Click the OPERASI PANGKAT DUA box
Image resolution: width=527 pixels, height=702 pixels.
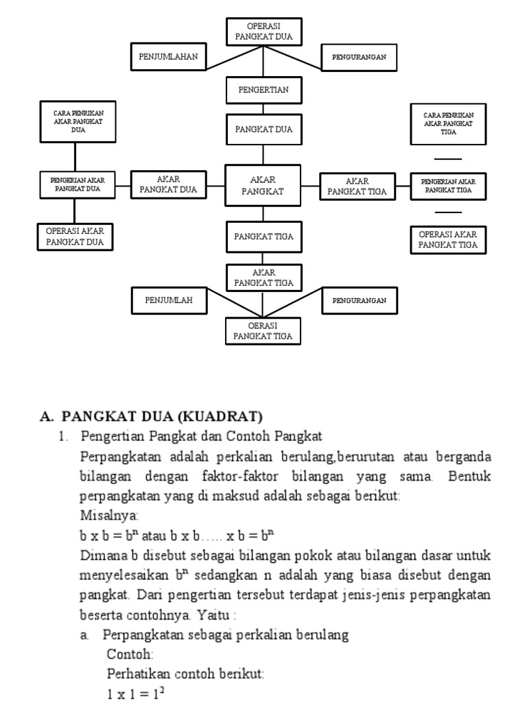coord(263,32)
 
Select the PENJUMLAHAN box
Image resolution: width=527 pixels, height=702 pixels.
coord(168,57)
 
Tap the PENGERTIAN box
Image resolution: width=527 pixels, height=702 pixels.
coord(263,90)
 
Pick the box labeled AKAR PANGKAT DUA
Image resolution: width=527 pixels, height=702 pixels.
coord(168,186)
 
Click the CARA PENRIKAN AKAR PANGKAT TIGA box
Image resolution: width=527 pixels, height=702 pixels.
coord(449,124)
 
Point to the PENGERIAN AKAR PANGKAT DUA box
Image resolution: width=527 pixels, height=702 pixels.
coord(78,184)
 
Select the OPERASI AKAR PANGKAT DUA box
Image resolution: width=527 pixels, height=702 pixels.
coord(75,237)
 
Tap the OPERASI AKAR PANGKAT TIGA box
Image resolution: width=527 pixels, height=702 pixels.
coord(448,240)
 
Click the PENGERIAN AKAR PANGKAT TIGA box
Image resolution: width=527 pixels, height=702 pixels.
coord(448,185)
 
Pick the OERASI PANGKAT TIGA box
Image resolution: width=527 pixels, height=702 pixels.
coord(263,330)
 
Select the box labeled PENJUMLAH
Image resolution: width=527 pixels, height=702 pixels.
coord(168,300)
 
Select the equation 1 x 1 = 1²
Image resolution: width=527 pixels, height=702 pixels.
coord(135,694)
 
